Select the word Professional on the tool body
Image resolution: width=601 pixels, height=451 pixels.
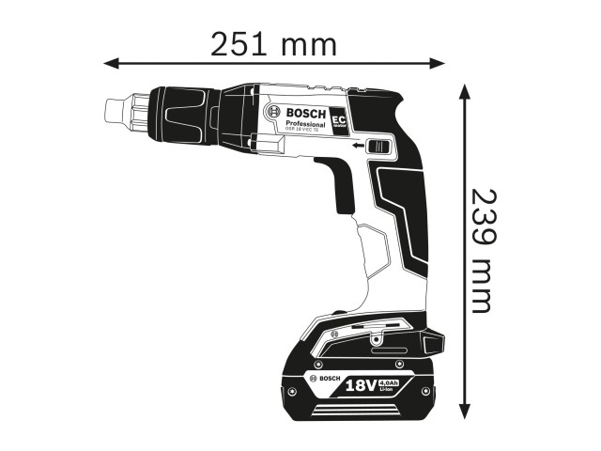[x=305, y=124]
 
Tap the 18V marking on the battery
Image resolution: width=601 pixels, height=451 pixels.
[x=362, y=384]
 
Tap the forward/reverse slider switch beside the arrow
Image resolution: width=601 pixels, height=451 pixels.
[x=379, y=146]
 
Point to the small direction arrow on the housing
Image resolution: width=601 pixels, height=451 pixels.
[x=357, y=147]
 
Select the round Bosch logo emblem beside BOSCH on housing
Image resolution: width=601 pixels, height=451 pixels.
[x=274, y=112]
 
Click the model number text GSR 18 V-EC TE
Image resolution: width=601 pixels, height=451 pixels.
[x=305, y=132]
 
